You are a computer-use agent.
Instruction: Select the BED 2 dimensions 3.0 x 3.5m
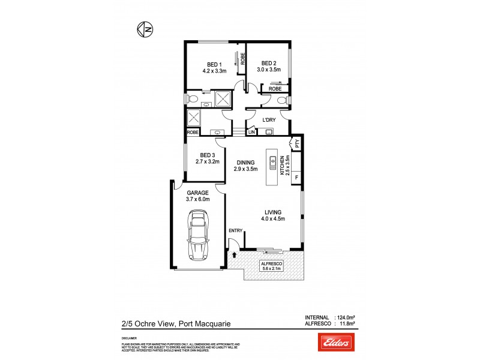[x=268, y=70]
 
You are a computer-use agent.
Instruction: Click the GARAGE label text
[x=197, y=193]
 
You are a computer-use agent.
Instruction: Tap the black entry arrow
[x=233, y=254]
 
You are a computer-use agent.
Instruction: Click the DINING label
[x=245, y=162]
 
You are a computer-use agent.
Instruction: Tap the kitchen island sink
[x=272, y=163]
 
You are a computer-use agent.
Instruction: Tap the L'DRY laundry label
[x=268, y=119]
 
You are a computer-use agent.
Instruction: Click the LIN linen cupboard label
[x=251, y=131]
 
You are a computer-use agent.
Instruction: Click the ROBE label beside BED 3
[x=193, y=132]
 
